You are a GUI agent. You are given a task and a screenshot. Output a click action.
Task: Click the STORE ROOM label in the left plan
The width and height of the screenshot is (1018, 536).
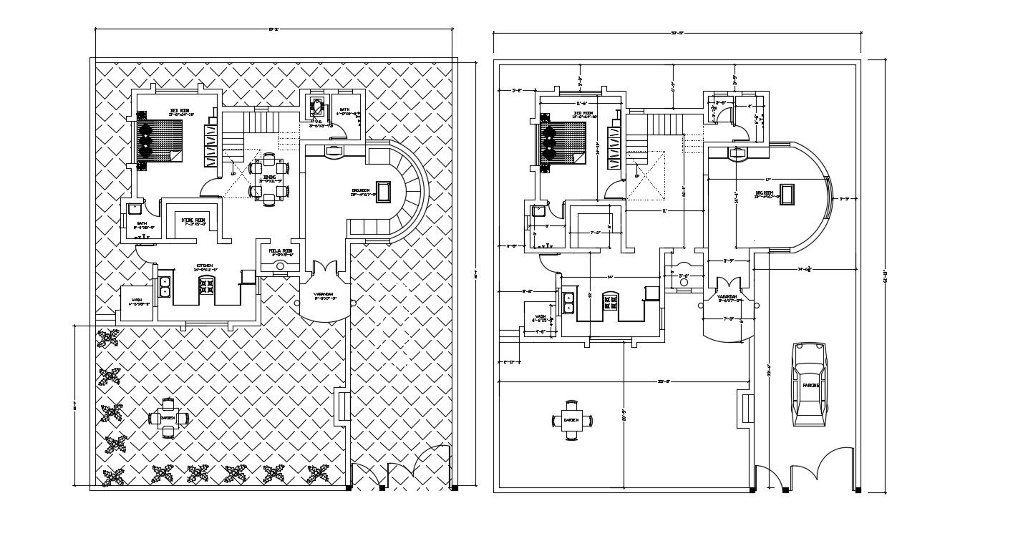pos(193,220)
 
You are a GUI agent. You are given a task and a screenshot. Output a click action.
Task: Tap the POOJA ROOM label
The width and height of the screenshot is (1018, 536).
pos(281,251)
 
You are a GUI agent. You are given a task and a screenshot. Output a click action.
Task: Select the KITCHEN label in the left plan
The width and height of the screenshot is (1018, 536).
pos(204,265)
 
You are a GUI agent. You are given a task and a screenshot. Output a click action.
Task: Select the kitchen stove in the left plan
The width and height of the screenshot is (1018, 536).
pos(206,287)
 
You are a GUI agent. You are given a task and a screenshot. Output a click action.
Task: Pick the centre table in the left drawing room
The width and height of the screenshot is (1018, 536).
pos(384,191)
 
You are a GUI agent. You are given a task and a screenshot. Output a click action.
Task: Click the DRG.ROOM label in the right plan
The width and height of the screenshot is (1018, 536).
pos(764,193)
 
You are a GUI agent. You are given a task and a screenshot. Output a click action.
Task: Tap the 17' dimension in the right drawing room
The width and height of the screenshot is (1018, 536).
pos(767,179)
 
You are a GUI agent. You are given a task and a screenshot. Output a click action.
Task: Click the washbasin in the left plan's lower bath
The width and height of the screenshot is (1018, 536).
pos(134,209)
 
